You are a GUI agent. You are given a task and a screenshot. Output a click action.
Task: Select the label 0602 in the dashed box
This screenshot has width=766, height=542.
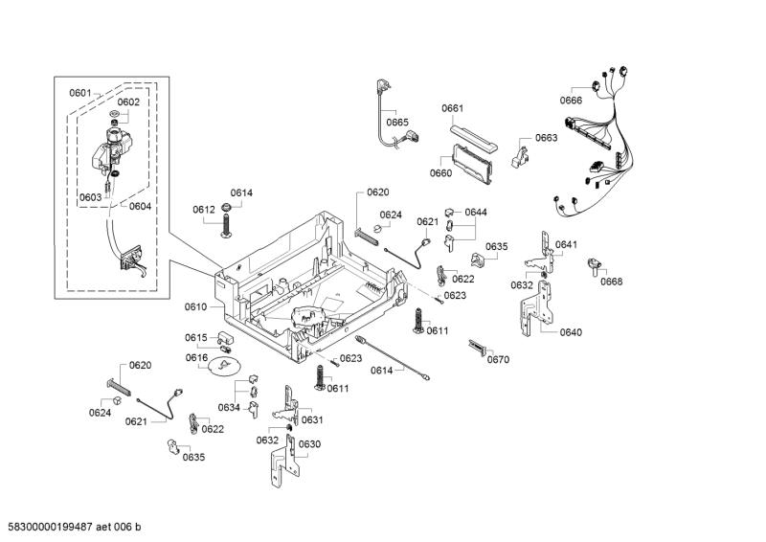point(128,102)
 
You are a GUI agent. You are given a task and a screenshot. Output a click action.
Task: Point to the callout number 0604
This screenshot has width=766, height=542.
point(140,206)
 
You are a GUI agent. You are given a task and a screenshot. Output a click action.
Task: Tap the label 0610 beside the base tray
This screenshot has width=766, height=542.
point(195,306)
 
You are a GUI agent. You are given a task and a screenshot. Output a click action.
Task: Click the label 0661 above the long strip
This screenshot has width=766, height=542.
point(453,108)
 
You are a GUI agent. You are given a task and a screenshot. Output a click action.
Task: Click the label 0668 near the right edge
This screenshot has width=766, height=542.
point(612,282)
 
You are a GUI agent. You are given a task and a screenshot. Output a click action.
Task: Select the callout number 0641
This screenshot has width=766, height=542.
point(566,245)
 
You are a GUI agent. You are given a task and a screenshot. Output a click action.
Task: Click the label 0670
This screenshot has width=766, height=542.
point(498,360)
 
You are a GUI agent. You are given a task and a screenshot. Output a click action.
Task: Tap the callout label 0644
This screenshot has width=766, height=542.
point(476,212)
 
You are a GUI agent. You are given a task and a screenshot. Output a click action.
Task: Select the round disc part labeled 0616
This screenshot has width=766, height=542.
point(226,368)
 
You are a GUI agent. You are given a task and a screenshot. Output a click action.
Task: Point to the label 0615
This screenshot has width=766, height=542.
point(196,337)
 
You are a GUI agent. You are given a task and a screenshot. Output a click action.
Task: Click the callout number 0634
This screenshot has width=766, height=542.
point(228,408)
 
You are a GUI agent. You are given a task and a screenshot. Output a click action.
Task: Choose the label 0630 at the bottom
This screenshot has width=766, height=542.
point(309,444)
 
